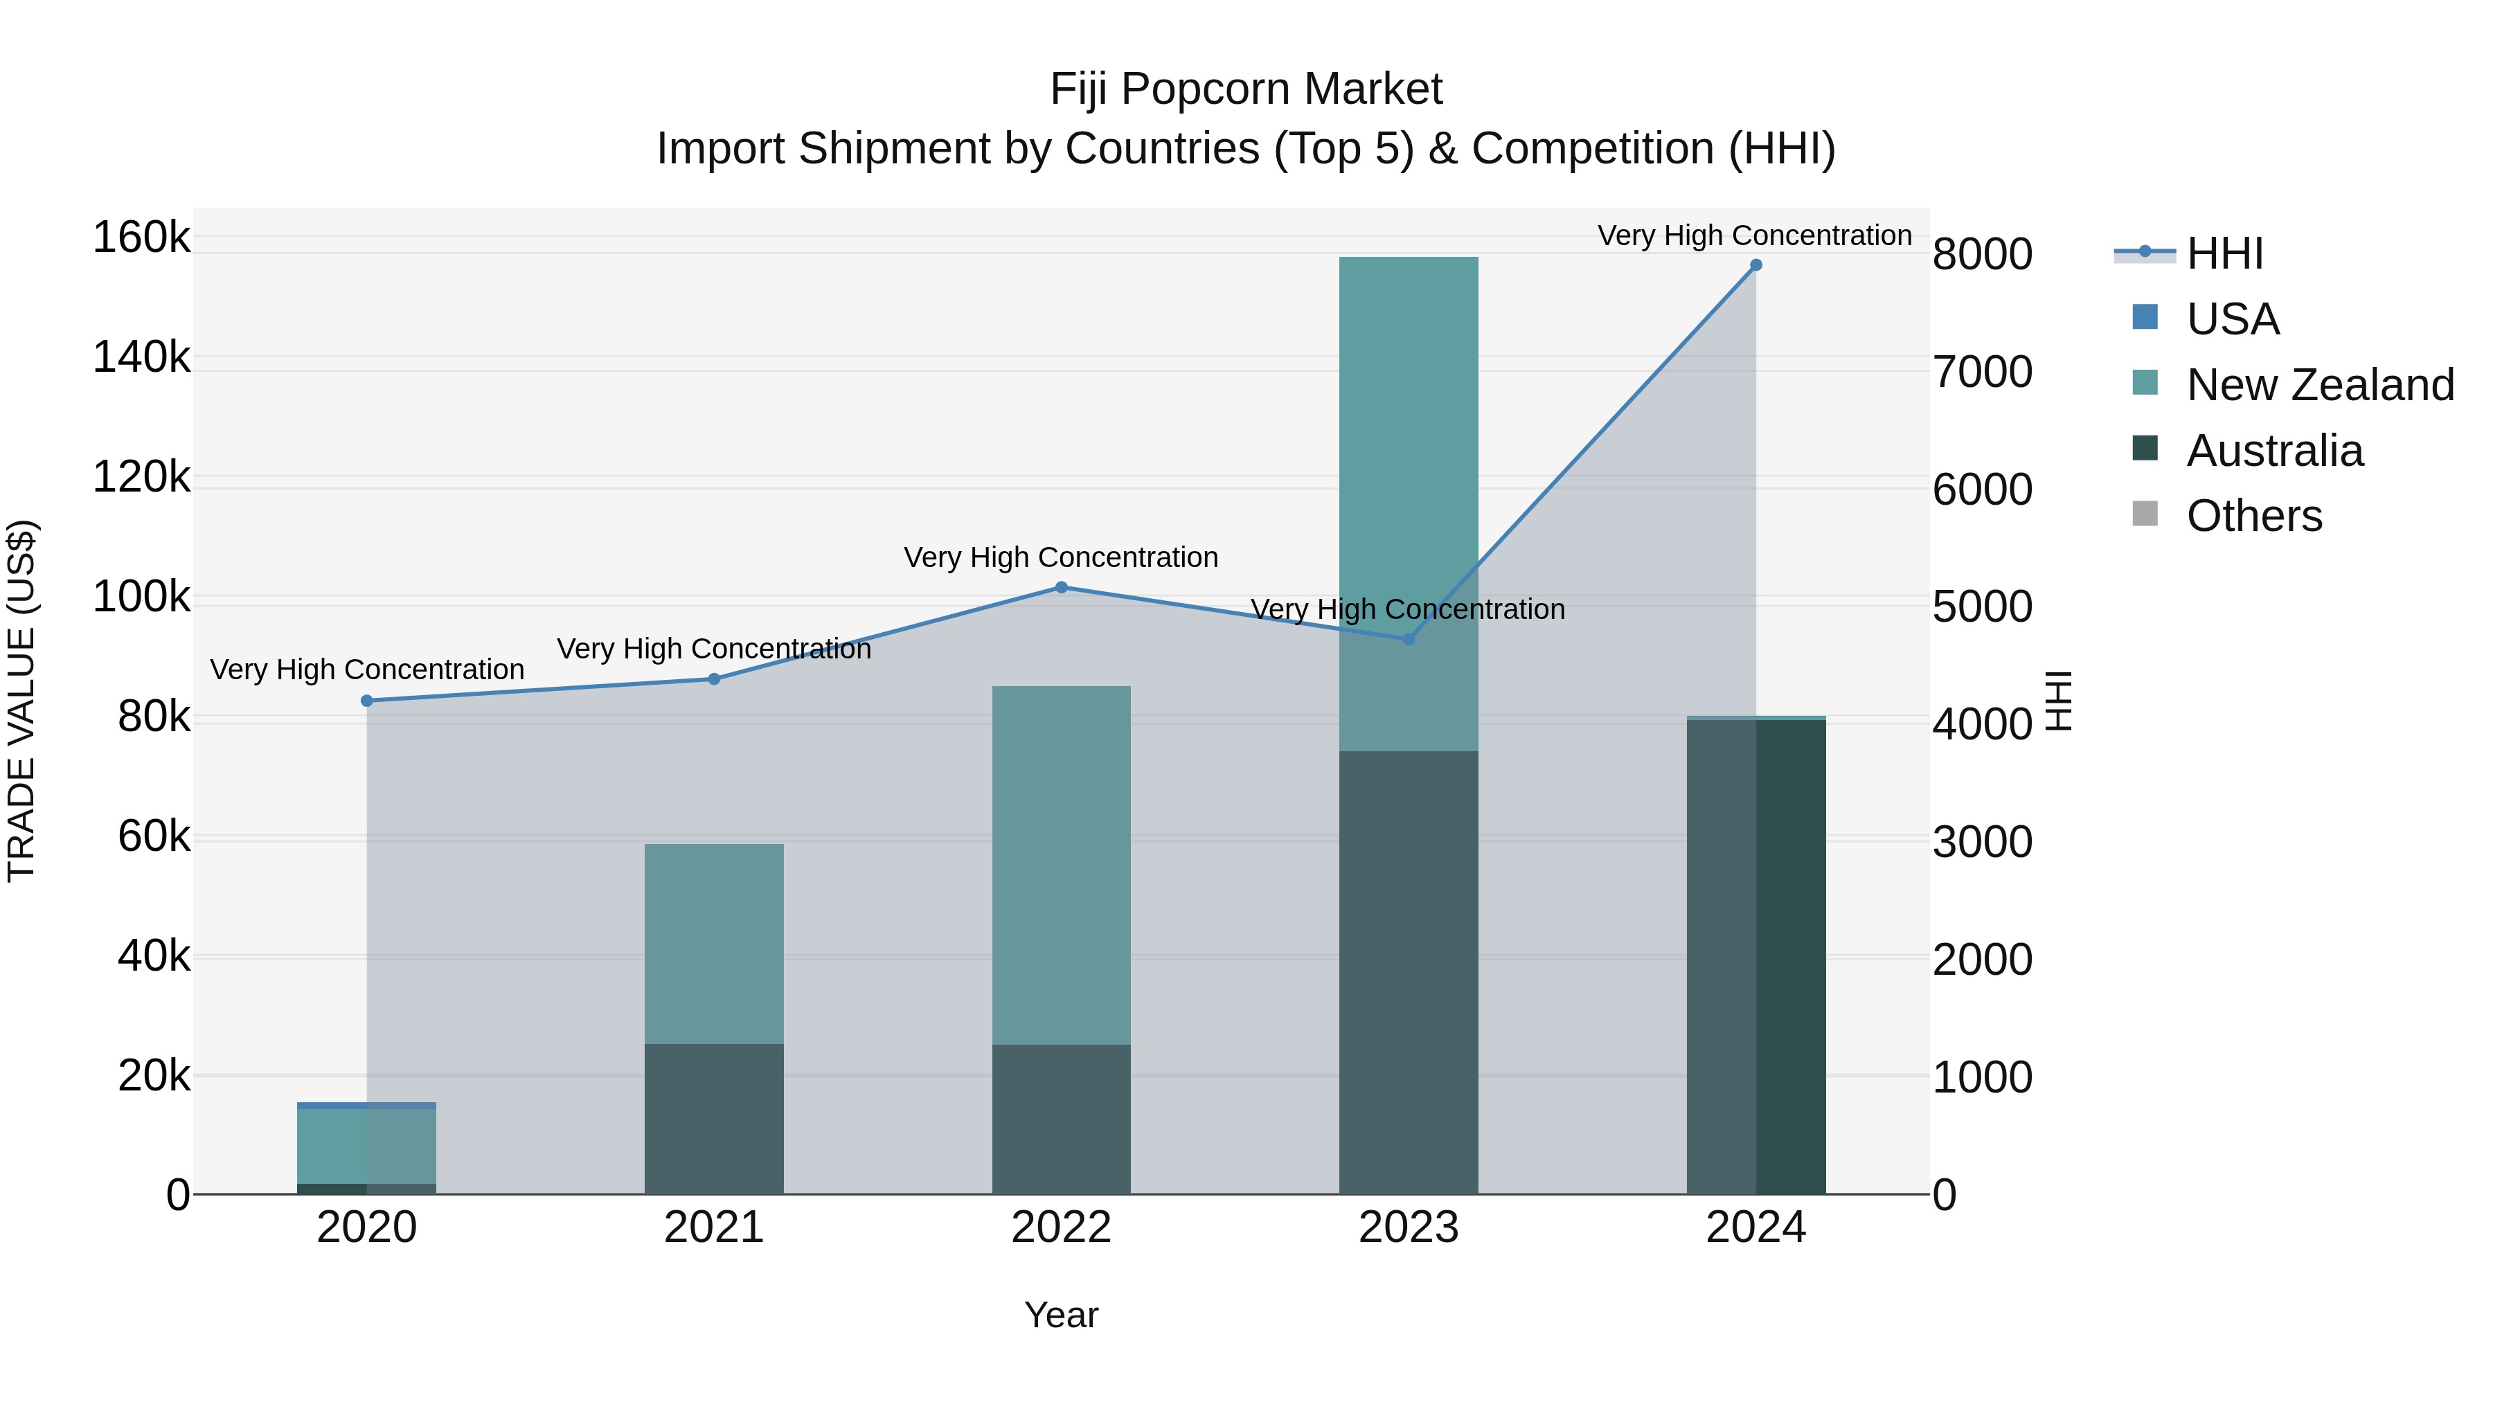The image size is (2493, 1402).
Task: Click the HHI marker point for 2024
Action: (x=1755, y=265)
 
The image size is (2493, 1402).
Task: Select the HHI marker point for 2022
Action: (x=1061, y=587)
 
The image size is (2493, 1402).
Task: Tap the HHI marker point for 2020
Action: (x=367, y=701)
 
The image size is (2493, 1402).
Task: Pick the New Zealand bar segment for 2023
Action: (x=1408, y=503)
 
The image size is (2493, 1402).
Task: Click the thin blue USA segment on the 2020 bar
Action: (x=367, y=1105)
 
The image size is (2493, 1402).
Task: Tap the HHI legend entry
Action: (x=2224, y=253)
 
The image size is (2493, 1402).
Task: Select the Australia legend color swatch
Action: (x=2145, y=449)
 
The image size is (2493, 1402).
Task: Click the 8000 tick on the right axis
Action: (x=1982, y=255)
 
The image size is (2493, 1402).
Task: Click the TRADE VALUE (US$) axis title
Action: (x=22, y=701)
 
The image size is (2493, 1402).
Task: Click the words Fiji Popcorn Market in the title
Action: (x=1246, y=90)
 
